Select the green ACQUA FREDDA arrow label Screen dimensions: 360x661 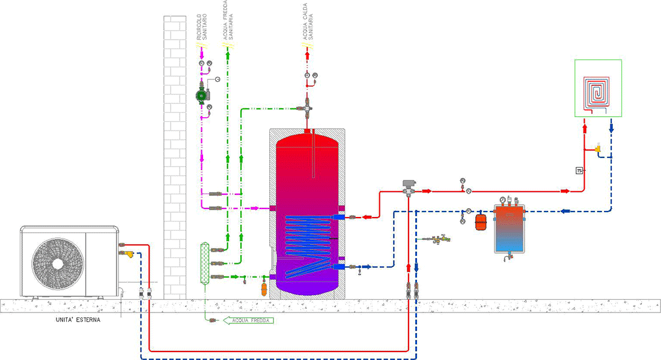coord(249,320)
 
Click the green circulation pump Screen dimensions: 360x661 coord(201,94)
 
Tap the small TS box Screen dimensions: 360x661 coord(579,170)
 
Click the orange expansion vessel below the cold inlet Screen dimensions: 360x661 coord(263,288)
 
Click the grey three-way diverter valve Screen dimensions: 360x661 coord(408,187)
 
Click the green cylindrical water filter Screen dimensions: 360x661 coord(204,262)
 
